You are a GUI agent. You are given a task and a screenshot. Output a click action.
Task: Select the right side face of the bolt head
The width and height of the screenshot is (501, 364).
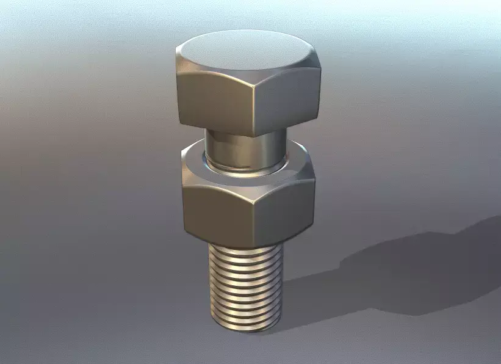pyautogui.click(x=285, y=101)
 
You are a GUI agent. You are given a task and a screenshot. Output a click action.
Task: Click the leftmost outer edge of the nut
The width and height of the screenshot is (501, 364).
pyautogui.click(x=182, y=195)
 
